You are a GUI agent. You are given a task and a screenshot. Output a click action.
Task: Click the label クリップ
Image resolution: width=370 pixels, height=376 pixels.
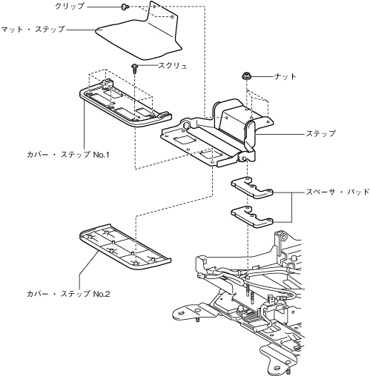(70, 7)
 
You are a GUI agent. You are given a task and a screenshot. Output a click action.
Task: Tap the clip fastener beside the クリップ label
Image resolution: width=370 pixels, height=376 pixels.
(125, 7)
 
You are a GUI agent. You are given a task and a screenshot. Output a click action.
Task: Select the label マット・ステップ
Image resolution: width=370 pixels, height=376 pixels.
(33, 30)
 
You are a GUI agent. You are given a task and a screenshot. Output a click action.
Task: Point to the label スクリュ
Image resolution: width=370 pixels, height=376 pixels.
(173, 66)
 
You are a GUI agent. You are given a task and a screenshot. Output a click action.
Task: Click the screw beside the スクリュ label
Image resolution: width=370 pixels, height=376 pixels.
(134, 68)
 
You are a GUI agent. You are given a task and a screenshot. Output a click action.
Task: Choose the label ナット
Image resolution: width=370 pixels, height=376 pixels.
(285, 76)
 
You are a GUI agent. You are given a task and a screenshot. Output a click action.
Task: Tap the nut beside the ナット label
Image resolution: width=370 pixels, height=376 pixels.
(246, 75)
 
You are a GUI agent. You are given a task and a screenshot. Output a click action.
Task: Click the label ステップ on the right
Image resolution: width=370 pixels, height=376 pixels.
(320, 133)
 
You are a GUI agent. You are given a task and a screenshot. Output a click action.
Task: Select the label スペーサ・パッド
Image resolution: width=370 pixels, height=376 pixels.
(338, 192)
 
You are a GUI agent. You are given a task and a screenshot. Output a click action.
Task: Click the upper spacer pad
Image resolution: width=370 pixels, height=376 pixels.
(252, 187)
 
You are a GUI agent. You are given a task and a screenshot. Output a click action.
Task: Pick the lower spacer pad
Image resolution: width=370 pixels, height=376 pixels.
(252, 216)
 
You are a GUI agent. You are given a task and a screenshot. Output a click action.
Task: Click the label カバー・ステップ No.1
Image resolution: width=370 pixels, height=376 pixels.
(68, 155)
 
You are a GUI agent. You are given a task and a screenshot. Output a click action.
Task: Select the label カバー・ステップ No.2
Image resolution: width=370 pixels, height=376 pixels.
(68, 294)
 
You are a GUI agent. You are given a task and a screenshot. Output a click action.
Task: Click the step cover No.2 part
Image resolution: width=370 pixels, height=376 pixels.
(125, 246)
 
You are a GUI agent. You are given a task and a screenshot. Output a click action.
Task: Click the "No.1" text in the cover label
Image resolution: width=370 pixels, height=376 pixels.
(102, 155)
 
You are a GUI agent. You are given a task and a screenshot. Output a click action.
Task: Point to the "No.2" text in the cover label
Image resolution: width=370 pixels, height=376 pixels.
(102, 294)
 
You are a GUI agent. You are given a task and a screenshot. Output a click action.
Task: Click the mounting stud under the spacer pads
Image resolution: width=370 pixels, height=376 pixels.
(248, 287)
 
